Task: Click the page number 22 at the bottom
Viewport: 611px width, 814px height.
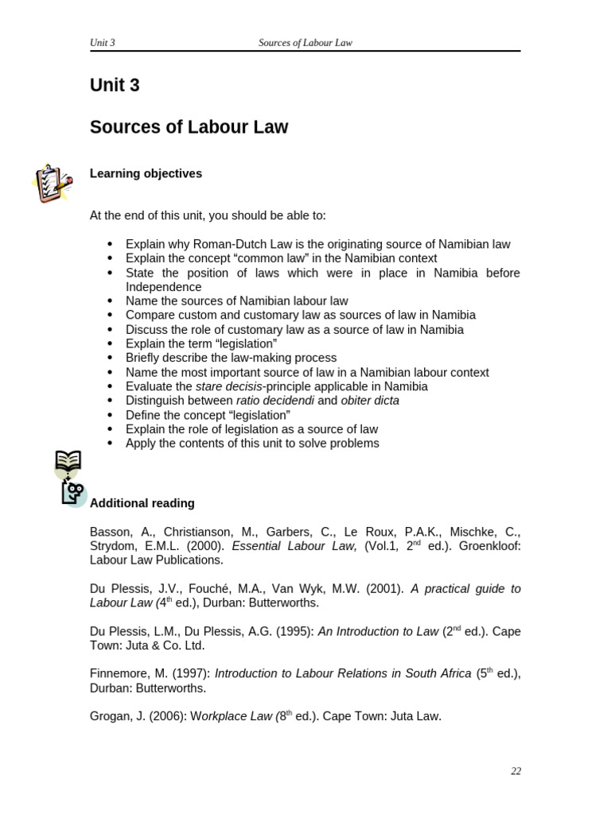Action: click(x=516, y=771)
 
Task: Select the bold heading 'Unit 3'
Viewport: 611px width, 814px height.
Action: click(x=115, y=85)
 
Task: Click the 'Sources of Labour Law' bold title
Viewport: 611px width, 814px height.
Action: click(x=189, y=127)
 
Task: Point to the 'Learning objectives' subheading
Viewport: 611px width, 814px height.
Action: click(x=146, y=173)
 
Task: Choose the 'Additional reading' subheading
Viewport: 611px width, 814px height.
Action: click(x=142, y=503)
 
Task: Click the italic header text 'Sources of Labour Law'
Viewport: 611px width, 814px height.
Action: click(x=305, y=43)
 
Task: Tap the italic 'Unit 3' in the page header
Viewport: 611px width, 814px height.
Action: click(x=103, y=43)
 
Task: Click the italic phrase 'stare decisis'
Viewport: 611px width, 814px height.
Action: click(x=229, y=386)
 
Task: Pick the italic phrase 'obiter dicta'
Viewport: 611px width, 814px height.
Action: click(x=370, y=401)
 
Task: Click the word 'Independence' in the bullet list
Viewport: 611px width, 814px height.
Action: click(x=163, y=287)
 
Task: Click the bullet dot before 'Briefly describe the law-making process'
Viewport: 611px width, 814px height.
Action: click(x=111, y=358)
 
